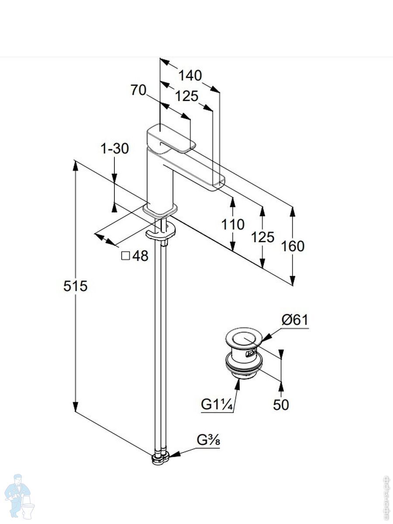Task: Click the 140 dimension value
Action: [x=190, y=76]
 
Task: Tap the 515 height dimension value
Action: [x=76, y=286]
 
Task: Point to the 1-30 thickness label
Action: [x=115, y=149]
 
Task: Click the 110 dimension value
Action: [x=233, y=224]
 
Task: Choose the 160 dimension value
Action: [x=293, y=246]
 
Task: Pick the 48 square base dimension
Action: [x=135, y=256]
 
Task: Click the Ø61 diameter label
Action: [x=295, y=320]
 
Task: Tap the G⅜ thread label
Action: [x=208, y=440]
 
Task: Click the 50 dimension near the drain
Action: [x=281, y=405]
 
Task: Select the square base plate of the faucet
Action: [x=161, y=210]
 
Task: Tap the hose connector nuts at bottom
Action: [x=160, y=458]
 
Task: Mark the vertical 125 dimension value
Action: [x=262, y=237]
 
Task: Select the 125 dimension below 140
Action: [x=187, y=96]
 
